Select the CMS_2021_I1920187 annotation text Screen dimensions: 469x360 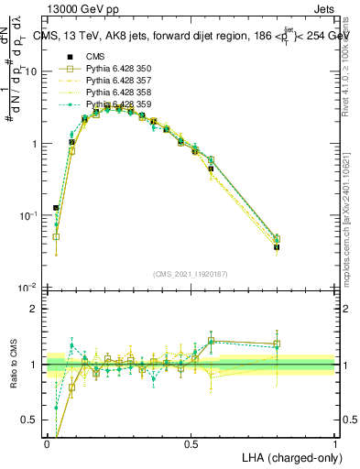[191, 273]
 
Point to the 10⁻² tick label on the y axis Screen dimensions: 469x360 [27, 288]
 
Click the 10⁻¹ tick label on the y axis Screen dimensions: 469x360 [27, 215]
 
